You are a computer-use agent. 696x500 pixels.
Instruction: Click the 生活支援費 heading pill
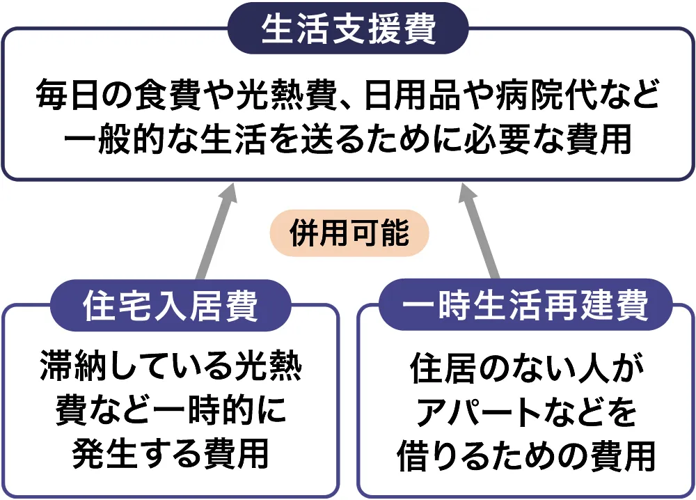click(348, 29)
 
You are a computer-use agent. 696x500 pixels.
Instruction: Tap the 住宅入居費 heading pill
click(171, 306)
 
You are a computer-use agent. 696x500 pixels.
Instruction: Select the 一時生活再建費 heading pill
click(525, 306)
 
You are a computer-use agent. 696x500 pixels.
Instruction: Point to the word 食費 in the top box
click(166, 97)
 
